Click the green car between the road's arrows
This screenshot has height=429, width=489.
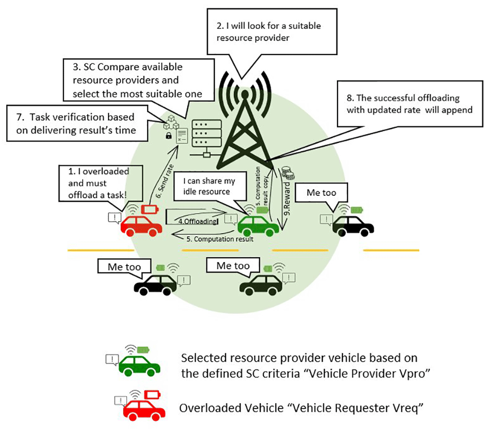pos(258,225)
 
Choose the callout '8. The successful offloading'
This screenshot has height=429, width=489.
pos(409,104)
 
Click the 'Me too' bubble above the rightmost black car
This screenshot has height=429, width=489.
pos(321,193)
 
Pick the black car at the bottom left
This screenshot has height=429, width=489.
pos(156,285)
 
